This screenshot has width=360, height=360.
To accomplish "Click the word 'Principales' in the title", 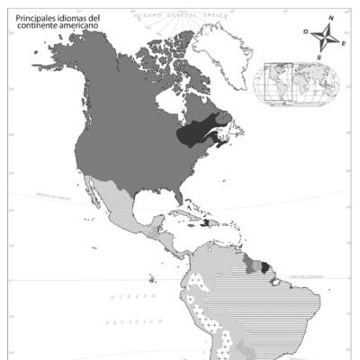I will (x=35, y=17).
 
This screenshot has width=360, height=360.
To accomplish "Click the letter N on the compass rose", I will (x=330, y=18).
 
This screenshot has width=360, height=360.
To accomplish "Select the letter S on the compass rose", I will (x=318, y=56).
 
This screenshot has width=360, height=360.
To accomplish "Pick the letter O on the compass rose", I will (x=305, y=31).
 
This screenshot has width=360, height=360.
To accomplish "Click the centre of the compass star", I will (x=324, y=37).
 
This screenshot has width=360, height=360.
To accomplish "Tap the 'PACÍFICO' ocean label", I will (x=132, y=320).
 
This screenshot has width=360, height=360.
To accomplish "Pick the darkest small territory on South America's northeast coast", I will (x=264, y=266).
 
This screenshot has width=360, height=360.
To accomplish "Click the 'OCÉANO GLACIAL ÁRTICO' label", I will (x=181, y=16).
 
